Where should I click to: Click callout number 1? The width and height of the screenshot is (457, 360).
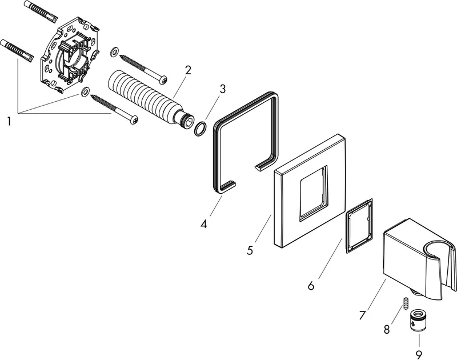[x=9, y=121]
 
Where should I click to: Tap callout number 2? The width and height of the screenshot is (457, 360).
[x=188, y=70]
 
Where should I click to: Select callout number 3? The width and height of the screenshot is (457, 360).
[x=223, y=89]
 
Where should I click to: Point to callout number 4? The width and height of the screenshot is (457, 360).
[x=204, y=224]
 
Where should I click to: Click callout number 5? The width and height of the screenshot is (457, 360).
[x=250, y=250]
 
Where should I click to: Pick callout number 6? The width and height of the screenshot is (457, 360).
[x=311, y=286]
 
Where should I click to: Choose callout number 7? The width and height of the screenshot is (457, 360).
[x=362, y=315]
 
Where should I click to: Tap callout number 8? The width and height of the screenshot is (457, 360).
[x=387, y=330]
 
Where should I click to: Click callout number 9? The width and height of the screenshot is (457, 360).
[x=419, y=355]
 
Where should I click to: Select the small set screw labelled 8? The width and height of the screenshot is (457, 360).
[x=406, y=303]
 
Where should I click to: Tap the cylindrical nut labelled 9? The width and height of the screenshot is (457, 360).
[x=417, y=321]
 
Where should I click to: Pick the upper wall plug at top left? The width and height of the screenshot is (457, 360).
[x=40, y=13]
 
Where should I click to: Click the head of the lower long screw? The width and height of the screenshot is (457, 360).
[x=134, y=119]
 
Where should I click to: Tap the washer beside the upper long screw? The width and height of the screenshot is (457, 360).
[x=115, y=51]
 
